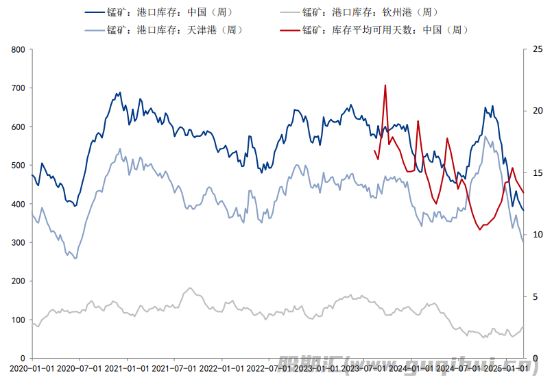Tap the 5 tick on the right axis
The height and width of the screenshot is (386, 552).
coord(534,296)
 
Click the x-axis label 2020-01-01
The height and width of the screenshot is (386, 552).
coord(32,368)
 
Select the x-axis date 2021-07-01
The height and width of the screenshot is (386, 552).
coord(173,368)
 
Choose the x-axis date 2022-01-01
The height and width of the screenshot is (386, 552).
coord(221,368)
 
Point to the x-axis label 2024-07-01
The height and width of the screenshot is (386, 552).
coord(459,368)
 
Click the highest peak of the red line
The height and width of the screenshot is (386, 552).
coord(385,86)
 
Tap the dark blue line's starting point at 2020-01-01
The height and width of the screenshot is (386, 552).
coord(32,175)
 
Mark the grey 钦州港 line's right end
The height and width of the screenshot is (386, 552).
coord(523,326)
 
